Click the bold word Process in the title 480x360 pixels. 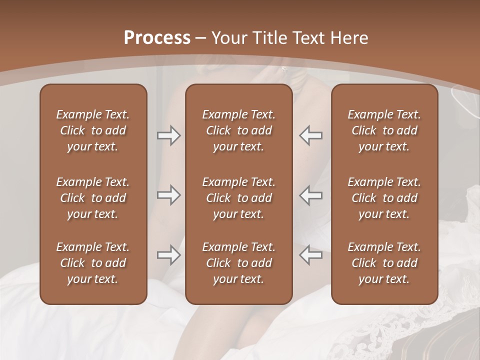157,38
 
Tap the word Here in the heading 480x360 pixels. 348,38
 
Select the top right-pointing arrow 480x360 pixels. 168,135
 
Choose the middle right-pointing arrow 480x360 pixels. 168,195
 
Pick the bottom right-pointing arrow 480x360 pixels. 168,255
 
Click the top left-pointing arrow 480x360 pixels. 311,135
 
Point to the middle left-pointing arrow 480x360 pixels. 311,195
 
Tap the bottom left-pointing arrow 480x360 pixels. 311,255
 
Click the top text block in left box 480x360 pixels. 93,130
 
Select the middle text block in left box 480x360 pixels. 93,198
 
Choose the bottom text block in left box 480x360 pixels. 93,263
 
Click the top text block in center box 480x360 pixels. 238,130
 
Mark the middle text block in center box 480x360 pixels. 238,198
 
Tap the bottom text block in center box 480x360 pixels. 238,263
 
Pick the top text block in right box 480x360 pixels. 384,130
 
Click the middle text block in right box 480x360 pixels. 384,198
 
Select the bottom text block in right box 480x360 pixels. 384,263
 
